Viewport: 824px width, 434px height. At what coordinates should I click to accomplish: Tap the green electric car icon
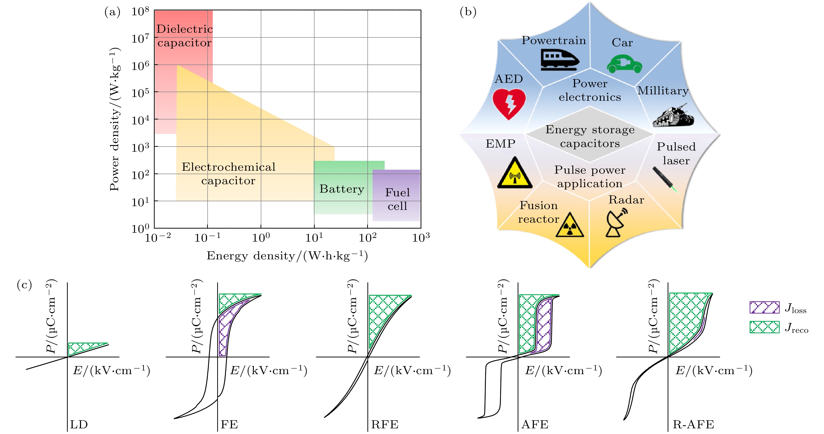pyautogui.click(x=624, y=64)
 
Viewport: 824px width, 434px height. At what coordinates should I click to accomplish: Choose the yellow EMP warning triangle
pyautogui.click(x=515, y=174)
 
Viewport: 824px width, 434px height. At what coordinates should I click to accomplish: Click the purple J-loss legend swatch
pyautogui.click(x=764, y=307)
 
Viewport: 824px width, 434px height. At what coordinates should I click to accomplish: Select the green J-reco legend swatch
pyautogui.click(x=764, y=327)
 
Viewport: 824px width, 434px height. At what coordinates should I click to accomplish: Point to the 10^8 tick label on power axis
pyautogui.click(x=140, y=12)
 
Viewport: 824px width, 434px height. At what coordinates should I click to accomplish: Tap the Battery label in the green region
pyautogui.click(x=342, y=189)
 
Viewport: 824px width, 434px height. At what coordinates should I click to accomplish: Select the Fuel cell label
pyautogui.click(x=397, y=199)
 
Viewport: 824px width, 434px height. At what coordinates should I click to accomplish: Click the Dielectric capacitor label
pyautogui.click(x=184, y=36)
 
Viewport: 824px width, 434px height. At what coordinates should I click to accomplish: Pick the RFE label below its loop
pyautogui.click(x=384, y=425)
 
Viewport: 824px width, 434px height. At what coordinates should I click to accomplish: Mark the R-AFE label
pyautogui.click(x=693, y=425)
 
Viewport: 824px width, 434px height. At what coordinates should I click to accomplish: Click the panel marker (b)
pyautogui.click(x=468, y=12)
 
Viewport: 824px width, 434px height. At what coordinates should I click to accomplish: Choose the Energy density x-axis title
pyautogui.click(x=287, y=256)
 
